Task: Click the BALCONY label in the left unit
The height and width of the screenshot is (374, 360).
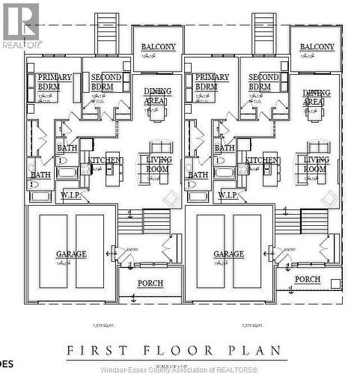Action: tap(159, 47)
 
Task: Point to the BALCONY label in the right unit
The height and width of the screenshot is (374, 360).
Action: tap(317, 46)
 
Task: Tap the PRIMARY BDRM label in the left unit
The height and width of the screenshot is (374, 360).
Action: tap(55, 82)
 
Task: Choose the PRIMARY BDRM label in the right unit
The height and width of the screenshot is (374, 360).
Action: tap(212, 82)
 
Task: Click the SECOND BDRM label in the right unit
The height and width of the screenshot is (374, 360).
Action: tap(263, 82)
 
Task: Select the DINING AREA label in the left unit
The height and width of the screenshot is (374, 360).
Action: tap(158, 96)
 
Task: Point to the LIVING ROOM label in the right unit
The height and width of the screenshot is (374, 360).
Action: tap(315, 164)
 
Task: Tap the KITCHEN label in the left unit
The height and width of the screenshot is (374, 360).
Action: tap(105, 160)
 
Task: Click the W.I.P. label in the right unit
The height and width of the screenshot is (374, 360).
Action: tap(228, 195)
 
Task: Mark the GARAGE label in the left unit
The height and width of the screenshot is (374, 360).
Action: tap(71, 254)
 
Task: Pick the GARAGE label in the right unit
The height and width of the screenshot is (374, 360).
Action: tap(228, 254)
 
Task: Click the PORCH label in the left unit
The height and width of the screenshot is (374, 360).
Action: tap(150, 283)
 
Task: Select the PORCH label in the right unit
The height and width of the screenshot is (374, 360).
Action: tap(308, 279)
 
